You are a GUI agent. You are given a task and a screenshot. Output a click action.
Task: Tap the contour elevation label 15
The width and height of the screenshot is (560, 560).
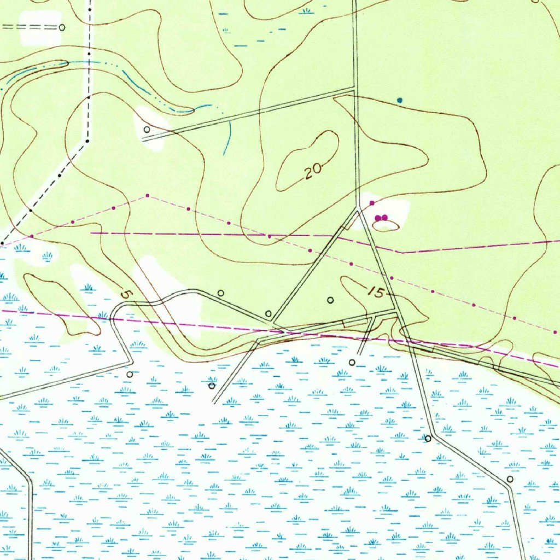click(376, 293)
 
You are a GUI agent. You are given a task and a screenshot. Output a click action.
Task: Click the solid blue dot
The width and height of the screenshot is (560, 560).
click(400, 101)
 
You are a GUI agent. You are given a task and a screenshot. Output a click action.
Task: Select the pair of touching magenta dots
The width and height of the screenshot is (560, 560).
click(381, 218)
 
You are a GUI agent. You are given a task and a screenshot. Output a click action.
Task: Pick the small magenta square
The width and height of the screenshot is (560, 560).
click(372, 203)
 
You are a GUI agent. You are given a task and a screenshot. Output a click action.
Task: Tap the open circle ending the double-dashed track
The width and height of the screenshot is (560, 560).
click(62, 27)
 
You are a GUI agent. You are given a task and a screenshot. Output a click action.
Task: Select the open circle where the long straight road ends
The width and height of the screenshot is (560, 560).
click(147, 130)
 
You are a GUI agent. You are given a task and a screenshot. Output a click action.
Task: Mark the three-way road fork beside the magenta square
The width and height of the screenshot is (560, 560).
click(358, 209)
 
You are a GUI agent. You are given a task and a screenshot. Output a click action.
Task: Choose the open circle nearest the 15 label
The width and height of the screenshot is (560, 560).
click(330, 300)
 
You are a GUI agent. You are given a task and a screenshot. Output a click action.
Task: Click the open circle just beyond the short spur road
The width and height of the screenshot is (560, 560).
click(352, 362)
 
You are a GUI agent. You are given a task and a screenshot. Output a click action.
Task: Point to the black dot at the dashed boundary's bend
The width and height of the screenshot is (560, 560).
click(87, 141)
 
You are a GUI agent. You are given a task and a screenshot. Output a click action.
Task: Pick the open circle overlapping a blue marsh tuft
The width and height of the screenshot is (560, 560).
click(212, 386)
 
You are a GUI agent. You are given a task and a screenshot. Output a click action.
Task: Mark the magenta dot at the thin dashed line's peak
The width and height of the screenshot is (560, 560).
click(147, 195)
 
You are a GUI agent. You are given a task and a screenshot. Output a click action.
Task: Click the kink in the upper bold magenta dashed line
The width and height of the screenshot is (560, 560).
click(402, 253)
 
